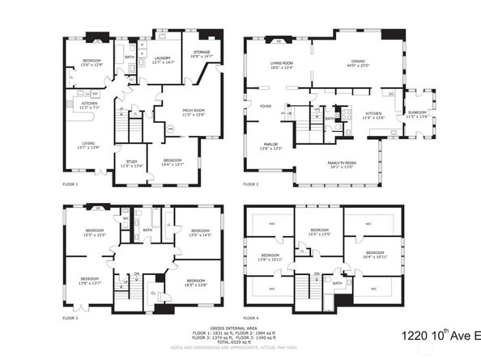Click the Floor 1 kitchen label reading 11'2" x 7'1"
click(89, 104)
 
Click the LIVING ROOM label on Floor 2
click(281, 65)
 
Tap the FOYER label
click(265, 106)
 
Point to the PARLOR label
click(271, 146)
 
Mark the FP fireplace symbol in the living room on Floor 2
click(279, 40)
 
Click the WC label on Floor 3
click(126, 218)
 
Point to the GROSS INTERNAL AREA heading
click(240, 327)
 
